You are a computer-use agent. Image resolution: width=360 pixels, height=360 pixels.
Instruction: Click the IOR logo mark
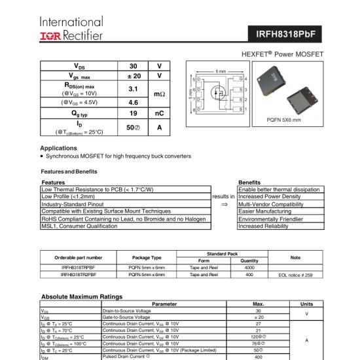[51, 35]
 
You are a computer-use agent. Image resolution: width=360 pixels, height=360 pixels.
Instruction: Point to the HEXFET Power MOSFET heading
[282, 54]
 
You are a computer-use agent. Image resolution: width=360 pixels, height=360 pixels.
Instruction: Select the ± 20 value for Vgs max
[133, 76]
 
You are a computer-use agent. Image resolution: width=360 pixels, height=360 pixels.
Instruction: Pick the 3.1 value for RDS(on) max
[133, 88]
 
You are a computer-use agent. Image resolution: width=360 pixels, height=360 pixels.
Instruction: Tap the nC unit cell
[159, 113]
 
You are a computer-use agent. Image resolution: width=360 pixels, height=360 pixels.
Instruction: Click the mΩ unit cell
[159, 94]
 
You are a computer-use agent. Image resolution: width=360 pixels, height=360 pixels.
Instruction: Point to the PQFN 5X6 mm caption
[284, 120]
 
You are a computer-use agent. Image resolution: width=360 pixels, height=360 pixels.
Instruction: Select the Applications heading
[58, 148]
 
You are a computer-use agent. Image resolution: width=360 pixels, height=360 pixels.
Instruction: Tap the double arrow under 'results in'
[224, 204]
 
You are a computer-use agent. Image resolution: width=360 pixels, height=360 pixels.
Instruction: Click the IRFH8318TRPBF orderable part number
[78, 268]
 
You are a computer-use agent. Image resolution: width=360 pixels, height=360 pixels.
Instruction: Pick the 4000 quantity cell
[249, 268]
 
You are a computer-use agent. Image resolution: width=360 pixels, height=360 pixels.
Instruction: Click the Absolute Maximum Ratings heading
[82, 297]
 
